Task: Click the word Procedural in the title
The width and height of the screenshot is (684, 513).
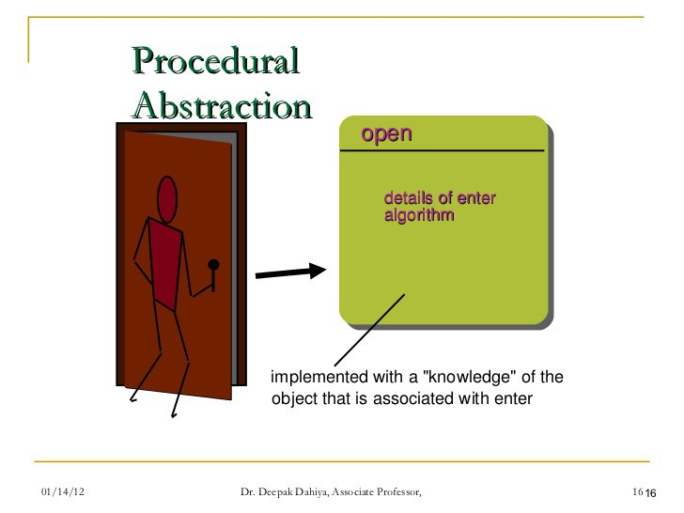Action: [x=216, y=60]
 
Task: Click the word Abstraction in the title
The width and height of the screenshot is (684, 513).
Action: [x=222, y=105]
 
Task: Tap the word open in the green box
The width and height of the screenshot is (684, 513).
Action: [x=386, y=134]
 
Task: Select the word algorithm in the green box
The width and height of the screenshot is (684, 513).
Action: [x=419, y=215]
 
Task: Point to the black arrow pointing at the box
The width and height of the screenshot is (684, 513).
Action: [x=290, y=272]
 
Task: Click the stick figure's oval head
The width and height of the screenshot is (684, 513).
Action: [x=166, y=200]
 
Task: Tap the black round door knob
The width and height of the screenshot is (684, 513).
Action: [x=214, y=265]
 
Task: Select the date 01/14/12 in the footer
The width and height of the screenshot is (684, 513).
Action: [x=63, y=491]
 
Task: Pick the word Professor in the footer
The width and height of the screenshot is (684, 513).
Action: [x=399, y=492]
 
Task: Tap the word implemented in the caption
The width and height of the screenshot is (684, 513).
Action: [x=319, y=378]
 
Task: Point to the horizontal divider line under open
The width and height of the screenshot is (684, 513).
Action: [x=443, y=150]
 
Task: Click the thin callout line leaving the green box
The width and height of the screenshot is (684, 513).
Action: [x=369, y=330]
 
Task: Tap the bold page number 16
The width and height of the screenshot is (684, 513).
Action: [x=650, y=493]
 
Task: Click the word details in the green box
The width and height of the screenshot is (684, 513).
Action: [x=409, y=198]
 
